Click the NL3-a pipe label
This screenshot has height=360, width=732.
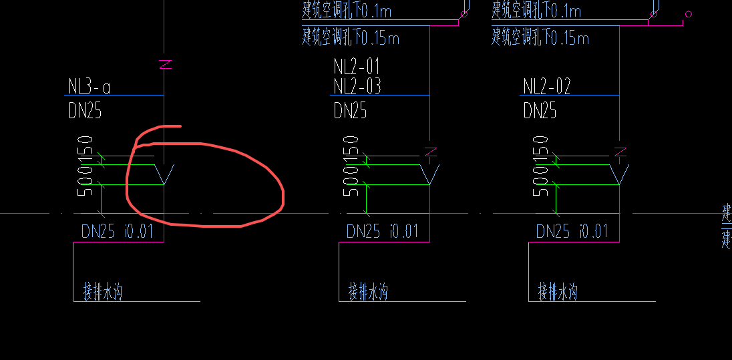(89, 87)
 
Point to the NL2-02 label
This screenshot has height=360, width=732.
(547, 87)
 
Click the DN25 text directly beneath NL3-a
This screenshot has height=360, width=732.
(85, 111)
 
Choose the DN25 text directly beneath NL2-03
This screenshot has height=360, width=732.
(350, 111)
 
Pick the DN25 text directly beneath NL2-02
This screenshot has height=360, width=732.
(540, 111)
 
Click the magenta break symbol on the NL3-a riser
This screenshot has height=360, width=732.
(165, 65)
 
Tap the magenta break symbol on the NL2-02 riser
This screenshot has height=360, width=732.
(620, 152)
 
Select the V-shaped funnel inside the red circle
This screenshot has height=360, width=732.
(164, 174)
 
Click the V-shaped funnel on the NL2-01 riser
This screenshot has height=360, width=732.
(430, 174)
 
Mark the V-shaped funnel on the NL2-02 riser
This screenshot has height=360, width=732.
(620, 174)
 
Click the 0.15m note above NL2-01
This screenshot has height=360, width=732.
(351, 36)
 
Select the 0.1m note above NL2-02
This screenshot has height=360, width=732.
(536, 11)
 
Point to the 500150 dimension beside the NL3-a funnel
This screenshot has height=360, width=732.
(85, 165)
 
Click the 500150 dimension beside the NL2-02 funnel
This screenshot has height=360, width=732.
(541, 165)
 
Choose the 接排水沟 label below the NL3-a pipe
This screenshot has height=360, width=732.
(103, 292)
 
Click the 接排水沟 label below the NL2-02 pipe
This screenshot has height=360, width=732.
(558, 292)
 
